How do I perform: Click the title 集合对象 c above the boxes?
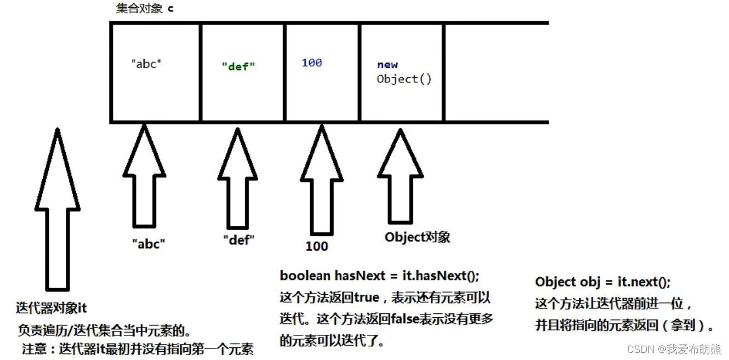pyautogui.click(x=145, y=9)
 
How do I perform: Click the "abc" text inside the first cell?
pyautogui.click(x=146, y=64)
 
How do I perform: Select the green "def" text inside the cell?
pyautogui.click(x=238, y=66)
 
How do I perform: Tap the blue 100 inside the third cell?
pyautogui.click(x=311, y=63)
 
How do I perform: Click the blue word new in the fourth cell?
pyautogui.click(x=388, y=65)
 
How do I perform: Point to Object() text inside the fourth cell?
pyautogui.click(x=404, y=79)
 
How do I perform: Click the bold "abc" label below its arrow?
pyautogui.click(x=149, y=244)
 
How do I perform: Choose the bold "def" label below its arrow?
pyautogui.click(x=239, y=240)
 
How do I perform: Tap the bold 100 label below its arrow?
pyautogui.click(x=317, y=246)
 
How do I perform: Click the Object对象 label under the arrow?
pyautogui.click(x=417, y=237)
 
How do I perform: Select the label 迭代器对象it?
pyautogui.click(x=52, y=308)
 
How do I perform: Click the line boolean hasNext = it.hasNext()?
pyautogui.click(x=380, y=276)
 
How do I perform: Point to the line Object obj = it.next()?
pyautogui.click(x=602, y=282)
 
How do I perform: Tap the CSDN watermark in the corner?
pyautogui.click(x=674, y=349)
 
